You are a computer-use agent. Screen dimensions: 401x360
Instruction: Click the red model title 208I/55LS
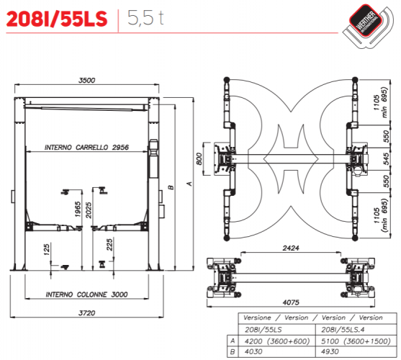point(57,19)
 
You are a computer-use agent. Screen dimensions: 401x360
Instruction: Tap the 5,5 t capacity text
point(145,17)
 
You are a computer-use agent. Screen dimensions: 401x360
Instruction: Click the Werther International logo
point(368,26)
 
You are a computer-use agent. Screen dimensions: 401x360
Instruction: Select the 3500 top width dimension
point(86,81)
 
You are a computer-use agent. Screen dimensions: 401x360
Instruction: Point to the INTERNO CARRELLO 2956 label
point(86,148)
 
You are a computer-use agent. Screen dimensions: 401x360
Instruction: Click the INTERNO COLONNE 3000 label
point(86,294)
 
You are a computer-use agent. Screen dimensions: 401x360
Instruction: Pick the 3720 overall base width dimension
point(86,313)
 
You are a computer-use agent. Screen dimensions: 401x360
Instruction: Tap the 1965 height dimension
point(78,209)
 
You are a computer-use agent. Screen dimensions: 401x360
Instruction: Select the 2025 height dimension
point(89,210)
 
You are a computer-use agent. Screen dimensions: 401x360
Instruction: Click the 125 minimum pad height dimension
point(46,250)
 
